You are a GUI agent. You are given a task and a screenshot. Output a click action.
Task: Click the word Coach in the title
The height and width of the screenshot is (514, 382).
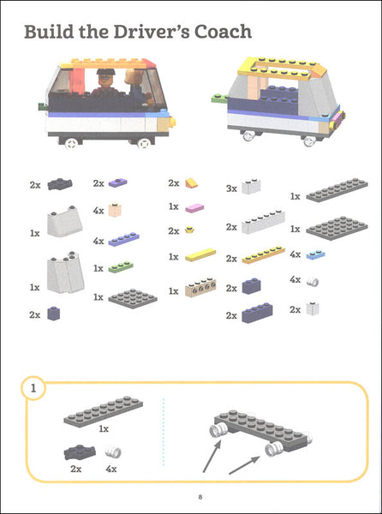(x=223, y=32)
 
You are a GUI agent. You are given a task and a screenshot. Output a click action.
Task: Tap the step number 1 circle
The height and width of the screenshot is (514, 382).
(x=33, y=388)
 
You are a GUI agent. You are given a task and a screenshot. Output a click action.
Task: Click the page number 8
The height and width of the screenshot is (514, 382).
(x=200, y=497)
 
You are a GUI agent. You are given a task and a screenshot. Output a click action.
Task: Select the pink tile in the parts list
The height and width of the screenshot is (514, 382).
(x=194, y=208)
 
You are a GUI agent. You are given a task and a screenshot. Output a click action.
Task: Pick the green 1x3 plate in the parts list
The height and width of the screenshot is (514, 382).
(x=121, y=266)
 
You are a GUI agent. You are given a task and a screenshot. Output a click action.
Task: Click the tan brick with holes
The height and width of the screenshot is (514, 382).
(x=200, y=288)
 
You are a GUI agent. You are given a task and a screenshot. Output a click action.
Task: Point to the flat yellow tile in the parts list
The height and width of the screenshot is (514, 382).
(x=200, y=254)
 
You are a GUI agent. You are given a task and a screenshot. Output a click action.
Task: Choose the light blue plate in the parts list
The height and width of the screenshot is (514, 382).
(x=315, y=254)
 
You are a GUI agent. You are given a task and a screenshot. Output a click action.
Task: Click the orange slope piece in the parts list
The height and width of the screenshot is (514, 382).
(x=191, y=183)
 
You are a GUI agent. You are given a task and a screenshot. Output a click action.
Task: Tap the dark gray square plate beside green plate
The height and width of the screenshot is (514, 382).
(x=133, y=298)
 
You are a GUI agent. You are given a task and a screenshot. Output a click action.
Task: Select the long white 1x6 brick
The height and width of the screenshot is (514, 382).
(x=264, y=222)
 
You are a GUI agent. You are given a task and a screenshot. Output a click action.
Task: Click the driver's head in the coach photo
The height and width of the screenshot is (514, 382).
(x=105, y=76)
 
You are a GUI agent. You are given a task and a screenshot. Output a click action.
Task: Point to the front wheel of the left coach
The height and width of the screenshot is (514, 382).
(x=144, y=143)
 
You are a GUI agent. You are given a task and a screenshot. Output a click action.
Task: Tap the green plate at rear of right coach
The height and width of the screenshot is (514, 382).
(x=220, y=98)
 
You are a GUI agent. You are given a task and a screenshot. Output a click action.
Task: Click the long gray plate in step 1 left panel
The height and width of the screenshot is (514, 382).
(x=103, y=412)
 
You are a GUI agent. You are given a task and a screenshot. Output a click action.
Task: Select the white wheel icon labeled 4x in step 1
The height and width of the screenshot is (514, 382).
(x=113, y=452)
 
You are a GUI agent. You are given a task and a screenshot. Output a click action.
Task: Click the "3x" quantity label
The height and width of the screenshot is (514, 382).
(x=231, y=188)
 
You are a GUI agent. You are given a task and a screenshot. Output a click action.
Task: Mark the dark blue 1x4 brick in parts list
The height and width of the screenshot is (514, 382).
(x=257, y=313)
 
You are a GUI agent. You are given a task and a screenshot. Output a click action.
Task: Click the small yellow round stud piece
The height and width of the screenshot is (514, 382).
(x=189, y=230)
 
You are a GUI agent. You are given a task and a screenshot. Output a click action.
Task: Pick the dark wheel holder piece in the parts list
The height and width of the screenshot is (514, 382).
(x=60, y=184)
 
